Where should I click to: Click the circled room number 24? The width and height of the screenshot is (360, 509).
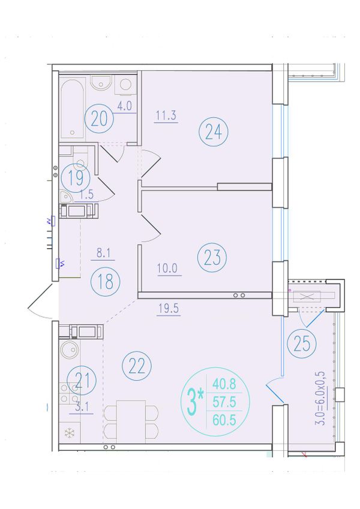point(214,132)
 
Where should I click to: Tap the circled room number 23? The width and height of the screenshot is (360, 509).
point(212,257)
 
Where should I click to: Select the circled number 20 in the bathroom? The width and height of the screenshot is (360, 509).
point(99,119)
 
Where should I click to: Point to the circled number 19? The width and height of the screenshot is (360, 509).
point(76,177)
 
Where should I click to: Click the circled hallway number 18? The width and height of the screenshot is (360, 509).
point(106,281)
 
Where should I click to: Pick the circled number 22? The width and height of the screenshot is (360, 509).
point(137,366)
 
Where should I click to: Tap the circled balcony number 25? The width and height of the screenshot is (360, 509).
point(302,344)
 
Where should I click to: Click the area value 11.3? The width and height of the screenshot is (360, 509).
point(166,116)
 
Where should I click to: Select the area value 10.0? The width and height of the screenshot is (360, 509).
point(167,269)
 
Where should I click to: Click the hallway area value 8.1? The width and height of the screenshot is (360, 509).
point(103,253)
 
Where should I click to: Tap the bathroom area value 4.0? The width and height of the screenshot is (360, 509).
point(124,106)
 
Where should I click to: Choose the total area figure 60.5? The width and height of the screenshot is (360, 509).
point(224,420)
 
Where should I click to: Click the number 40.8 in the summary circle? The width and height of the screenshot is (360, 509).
point(224,384)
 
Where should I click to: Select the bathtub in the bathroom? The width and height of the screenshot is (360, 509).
point(73,108)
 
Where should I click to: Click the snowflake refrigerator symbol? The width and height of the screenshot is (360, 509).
point(70,433)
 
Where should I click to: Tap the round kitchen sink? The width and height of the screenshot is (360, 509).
point(70,350)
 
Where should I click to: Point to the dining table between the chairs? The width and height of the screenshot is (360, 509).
point(131,421)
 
